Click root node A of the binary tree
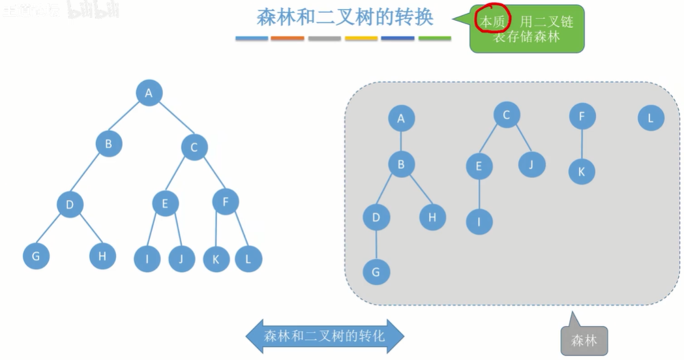point(149,93)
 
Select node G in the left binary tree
point(36,256)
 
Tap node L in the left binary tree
point(248,259)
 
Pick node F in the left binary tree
point(226,202)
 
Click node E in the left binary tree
point(165,204)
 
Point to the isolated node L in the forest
point(650,119)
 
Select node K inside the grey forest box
point(582,172)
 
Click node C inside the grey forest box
point(507,115)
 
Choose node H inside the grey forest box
point(432,217)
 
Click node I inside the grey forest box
point(479,222)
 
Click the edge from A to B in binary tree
point(128,118)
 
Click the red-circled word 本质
point(492,21)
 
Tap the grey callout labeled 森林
point(584,340)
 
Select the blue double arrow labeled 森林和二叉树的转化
point(325,337)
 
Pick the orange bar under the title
point(287,38)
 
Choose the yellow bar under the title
point(361,38)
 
